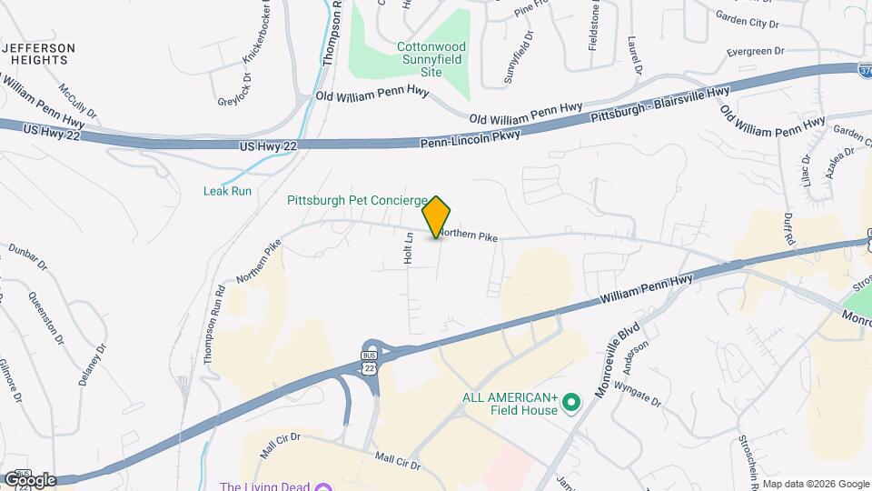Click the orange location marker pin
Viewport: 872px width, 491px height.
coord(437,216)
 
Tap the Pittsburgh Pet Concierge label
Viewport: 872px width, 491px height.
coord(357,200)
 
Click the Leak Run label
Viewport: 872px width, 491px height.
coord(226,191)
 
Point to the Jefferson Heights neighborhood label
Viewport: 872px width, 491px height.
coord(38,54)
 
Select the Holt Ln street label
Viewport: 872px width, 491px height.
coord(410,248)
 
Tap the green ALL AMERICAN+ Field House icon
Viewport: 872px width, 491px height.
coord(571,401)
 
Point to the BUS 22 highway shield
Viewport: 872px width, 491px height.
coord(369,361)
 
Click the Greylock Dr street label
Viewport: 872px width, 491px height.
coord(229,90)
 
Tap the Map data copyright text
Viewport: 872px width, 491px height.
coord(814,484)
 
